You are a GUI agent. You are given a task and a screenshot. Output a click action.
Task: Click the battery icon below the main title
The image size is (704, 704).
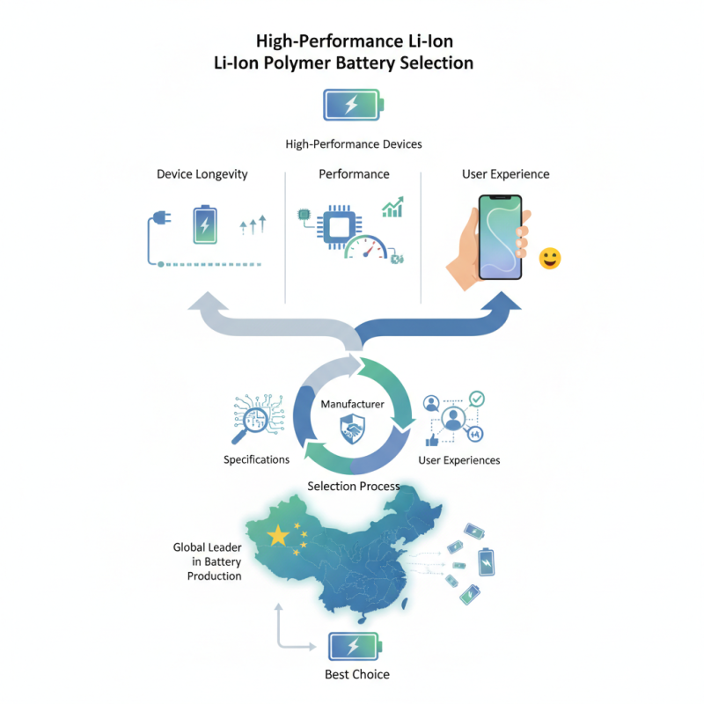click(354, 105)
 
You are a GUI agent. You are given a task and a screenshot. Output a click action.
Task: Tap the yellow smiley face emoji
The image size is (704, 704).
click(550, 258)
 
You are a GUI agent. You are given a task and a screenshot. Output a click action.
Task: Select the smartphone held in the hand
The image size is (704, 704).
click(500, 237)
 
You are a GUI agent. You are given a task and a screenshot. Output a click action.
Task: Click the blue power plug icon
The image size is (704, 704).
click(162, 218)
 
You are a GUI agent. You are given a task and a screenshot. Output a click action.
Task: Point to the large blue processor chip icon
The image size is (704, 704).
click(340, 227)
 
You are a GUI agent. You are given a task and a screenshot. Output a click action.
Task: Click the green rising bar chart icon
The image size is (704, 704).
click(392, 207)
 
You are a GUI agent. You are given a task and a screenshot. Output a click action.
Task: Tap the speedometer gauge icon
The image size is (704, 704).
click(366, 248)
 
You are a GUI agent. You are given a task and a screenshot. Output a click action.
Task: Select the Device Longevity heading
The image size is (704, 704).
click(202, 174)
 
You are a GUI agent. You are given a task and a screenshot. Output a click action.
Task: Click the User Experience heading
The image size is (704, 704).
click(505, 174)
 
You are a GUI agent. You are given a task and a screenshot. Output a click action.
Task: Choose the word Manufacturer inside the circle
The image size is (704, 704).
click(353, 404)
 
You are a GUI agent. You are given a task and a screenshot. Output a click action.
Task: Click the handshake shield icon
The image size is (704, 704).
click(353, 429)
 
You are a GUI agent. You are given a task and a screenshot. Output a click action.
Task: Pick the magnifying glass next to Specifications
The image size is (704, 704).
click(251, 425)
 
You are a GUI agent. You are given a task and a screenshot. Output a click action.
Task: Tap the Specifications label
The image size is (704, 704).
click(256, 459)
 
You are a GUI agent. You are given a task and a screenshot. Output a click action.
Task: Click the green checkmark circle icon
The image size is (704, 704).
click(477, 399)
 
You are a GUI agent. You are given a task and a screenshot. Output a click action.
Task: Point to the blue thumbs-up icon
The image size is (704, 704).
click(432, 440)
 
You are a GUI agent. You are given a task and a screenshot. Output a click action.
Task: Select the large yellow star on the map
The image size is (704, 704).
click(278, 535)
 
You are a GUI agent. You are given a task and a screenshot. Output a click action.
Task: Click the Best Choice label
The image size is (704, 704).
click(357, 674)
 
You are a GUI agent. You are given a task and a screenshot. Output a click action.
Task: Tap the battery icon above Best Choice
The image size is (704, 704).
click(355, 647)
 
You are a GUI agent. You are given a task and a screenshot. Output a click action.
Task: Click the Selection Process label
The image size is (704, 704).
click(354, 487)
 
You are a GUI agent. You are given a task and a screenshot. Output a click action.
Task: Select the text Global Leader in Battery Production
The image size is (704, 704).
click(208, 561)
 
